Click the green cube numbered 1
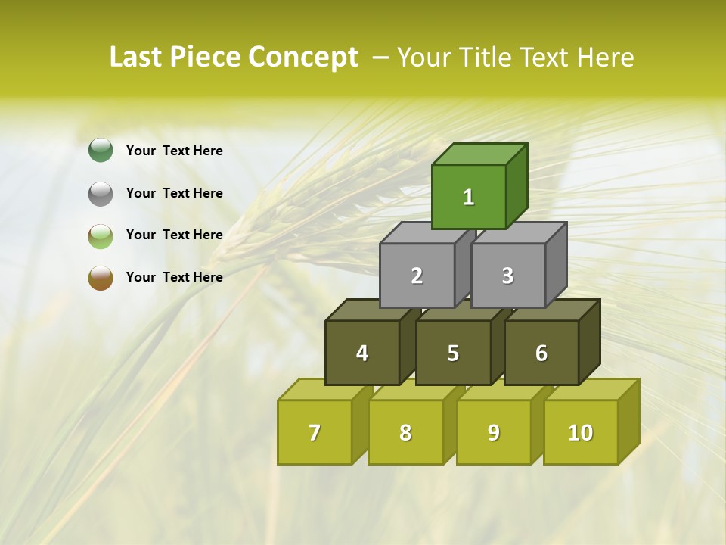coord(469,197)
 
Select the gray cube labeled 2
coord(417,276)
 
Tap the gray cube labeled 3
coord(507,276)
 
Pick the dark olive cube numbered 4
coord(362,353)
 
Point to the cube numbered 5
coord(453,353)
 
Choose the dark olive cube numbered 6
coord(541,353)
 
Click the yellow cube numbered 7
coord(315,432)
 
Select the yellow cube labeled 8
coord(405,432)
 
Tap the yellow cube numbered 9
coord(494,432)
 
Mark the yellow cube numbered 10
coord(581,432)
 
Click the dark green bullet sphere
coord(101,151)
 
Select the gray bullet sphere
coord(101,193)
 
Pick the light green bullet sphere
coord(101,235)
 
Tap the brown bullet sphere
coord(101,277)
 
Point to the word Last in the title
coord(136,58)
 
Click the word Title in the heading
coord(496,58)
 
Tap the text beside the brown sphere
coord(175,277)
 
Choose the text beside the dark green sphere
coord(175,151)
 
